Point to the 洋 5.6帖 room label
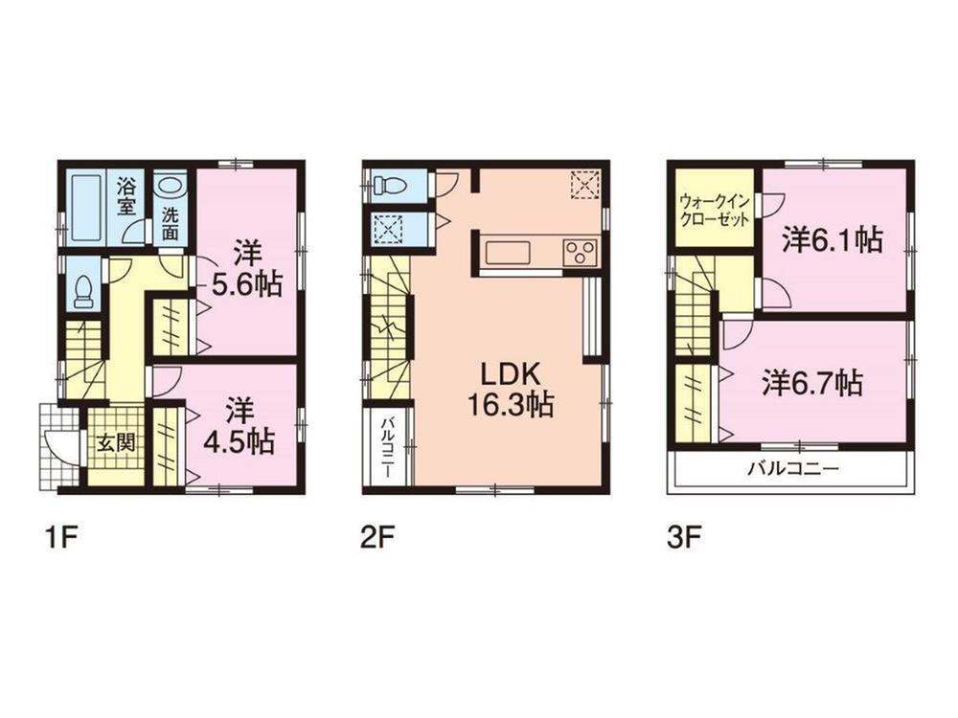246,270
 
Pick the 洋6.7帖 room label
811,383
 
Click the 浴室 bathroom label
125,195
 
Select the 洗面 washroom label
170,223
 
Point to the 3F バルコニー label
793,470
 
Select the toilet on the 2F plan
391,184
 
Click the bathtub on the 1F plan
86,208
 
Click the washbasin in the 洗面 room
171,185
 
